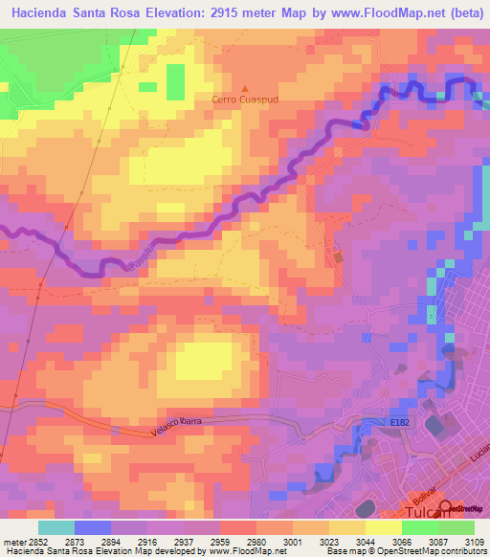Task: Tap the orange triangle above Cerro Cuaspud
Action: click(x=243, y=88)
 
